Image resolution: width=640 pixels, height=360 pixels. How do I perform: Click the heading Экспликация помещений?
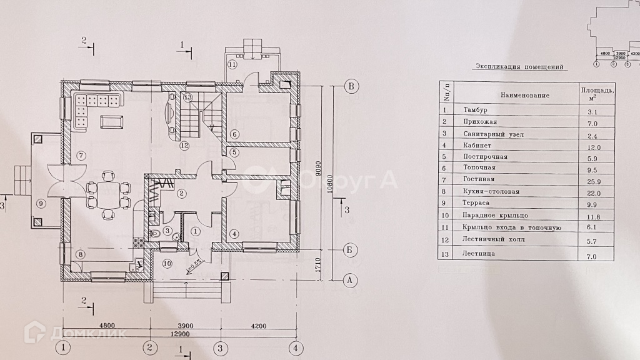[519, 66]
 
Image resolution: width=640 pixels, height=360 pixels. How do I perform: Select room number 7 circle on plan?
[80, 155]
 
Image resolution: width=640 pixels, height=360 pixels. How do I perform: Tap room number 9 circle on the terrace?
[41, 202]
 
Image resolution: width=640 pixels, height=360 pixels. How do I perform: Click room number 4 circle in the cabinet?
[234, 234]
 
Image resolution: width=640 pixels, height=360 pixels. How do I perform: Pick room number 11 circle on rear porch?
[232, 64]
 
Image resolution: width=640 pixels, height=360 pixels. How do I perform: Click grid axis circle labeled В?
[352, 86]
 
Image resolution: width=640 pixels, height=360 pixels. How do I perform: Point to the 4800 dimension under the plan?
[107, 326]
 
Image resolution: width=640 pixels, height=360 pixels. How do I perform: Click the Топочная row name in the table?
[480, 168]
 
